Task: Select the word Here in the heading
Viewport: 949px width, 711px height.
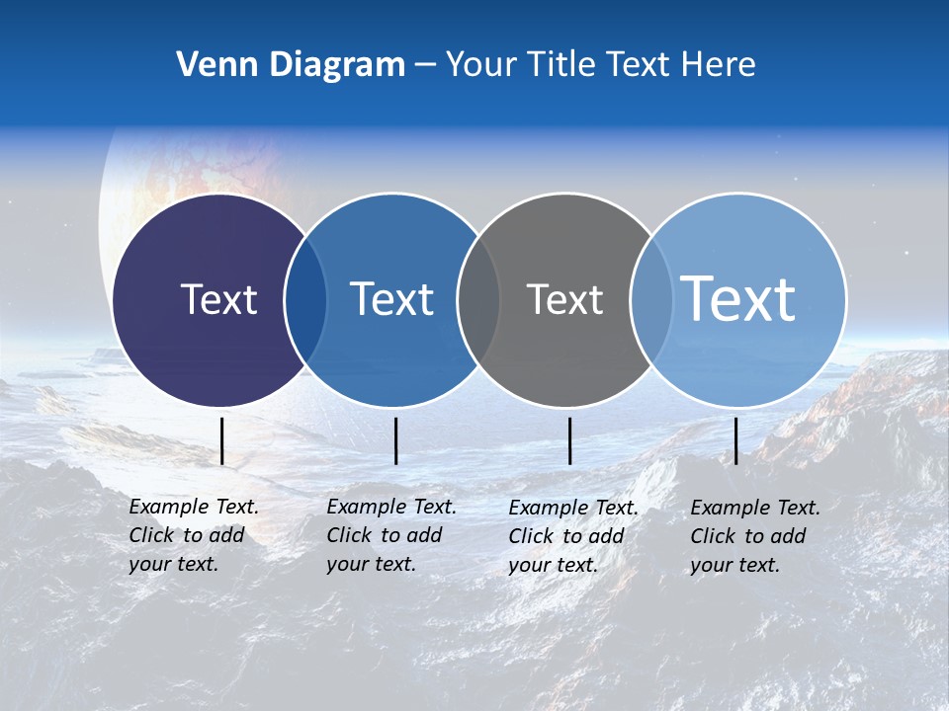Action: [x=719, y=65]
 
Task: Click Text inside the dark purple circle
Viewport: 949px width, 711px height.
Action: [x=218, y=299]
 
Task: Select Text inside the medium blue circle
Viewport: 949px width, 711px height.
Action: [x=391, y=299]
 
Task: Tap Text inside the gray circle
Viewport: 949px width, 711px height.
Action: [x=564, y=299]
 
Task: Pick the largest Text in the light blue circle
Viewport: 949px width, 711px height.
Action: [x=738, y=298]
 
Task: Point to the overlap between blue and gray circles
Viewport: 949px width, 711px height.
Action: [x=478, y=300]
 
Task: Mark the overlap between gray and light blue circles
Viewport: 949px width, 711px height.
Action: [x=650, y=300]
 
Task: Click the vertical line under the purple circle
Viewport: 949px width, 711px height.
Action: [x=222, y=440]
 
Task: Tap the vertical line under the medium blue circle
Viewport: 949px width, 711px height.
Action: [x=395, y=440]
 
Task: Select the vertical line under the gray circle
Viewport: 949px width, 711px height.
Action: [x=569, y=440]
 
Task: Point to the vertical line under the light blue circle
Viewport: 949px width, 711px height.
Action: [x=735, y=440]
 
